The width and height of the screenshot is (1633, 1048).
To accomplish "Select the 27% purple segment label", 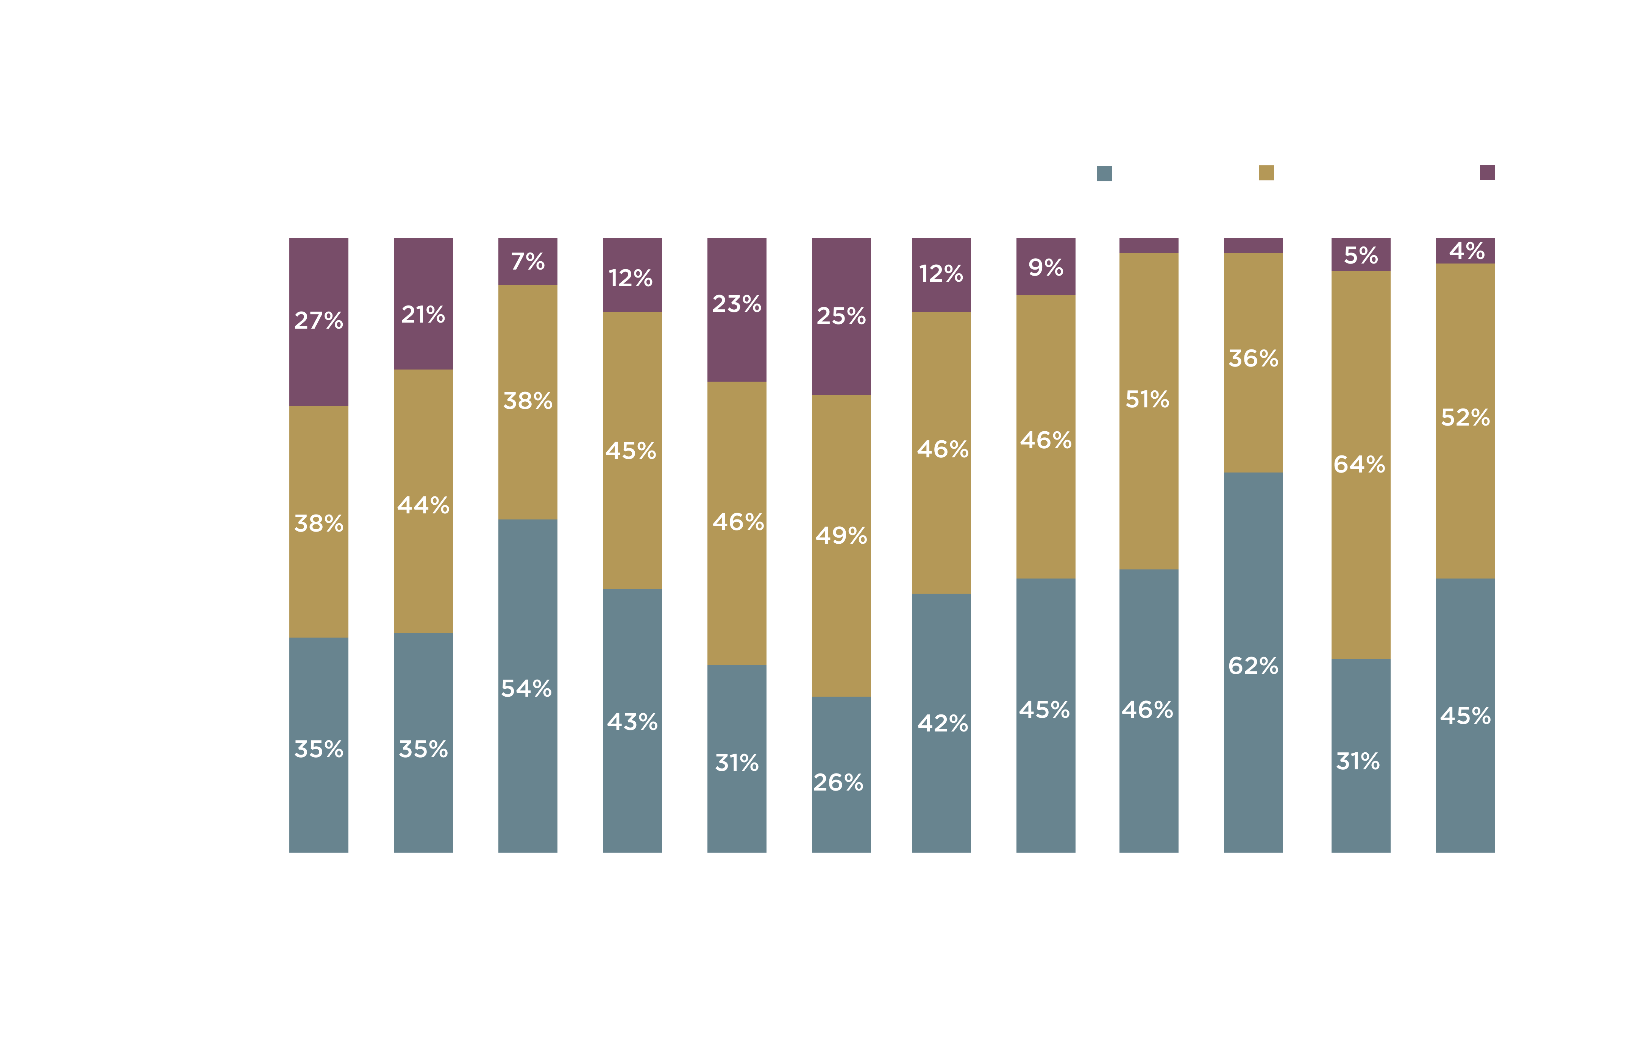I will point(318,321).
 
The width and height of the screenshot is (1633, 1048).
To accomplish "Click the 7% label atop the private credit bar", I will point(528,261).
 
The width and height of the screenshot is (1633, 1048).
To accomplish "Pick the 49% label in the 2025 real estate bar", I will point(841,536).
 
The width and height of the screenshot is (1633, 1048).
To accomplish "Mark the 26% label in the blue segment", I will point(838,783).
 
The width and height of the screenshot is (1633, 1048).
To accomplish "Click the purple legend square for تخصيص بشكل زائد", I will point(1487,173).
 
